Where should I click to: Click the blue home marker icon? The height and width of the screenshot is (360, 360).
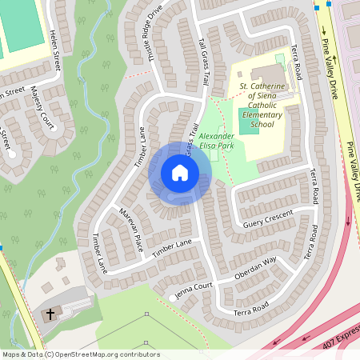pos(180,173)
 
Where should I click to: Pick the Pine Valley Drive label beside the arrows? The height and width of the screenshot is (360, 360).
pos(328,68)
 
